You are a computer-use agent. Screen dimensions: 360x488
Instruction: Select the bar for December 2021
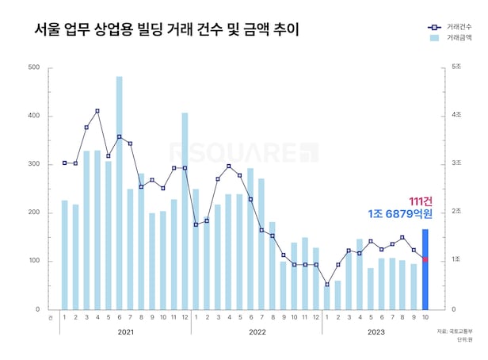pyautogui.click(x=185, y=211)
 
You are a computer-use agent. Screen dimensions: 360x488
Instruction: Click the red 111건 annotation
pyautogui.click(x=421, y=201)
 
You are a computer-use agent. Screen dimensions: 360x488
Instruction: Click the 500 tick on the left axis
pyautogui.click(x=34, y=67)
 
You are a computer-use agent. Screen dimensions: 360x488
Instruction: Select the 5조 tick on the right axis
pyautogui.click(x=456, y=67)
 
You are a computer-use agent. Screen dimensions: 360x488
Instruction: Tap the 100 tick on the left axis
pyautogui.click(x=34, y=261)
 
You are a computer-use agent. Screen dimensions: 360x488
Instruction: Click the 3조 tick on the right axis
pyautogui.click(x=456, y=164)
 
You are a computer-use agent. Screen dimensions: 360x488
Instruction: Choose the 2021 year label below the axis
pyautogui.click(x=124, y=333)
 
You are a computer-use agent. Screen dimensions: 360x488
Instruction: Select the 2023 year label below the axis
pyautogui.click(x=376, y=333)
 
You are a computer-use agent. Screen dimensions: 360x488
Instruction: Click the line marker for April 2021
pyautogui.click(x=97, y=111)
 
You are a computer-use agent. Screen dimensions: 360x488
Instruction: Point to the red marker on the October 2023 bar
pyautogui.click(x=425, y=259)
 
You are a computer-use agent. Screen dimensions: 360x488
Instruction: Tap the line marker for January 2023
pyautogui.click(x=326, y=284)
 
